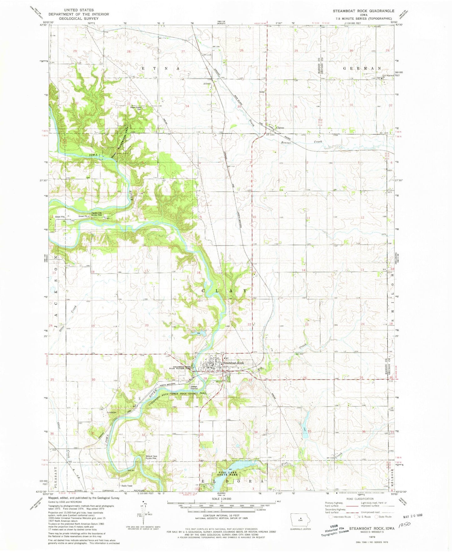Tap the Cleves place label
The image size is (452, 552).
click(x=280, y=128)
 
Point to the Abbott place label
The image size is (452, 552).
click(x=207, y=84)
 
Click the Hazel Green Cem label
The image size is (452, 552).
click(x=136, y=108)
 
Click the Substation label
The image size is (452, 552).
click(x=111, y=413)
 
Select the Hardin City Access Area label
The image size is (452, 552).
click(x=96, y=214)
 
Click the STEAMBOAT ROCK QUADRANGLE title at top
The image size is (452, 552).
click(x=363, y=11)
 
